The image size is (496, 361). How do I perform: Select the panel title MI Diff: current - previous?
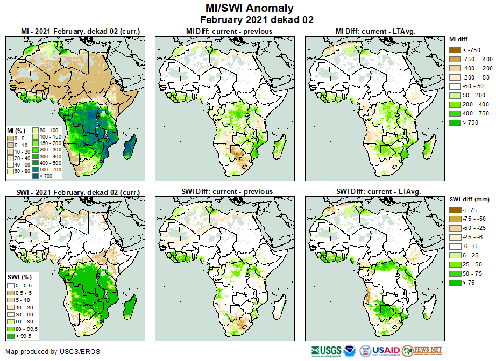point(229,31)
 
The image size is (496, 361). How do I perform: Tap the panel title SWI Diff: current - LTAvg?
point(378,191)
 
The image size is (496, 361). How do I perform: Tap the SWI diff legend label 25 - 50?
point(471,265)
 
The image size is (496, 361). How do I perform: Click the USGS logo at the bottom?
point(325,351)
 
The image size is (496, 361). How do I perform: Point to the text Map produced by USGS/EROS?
point(53,352)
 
